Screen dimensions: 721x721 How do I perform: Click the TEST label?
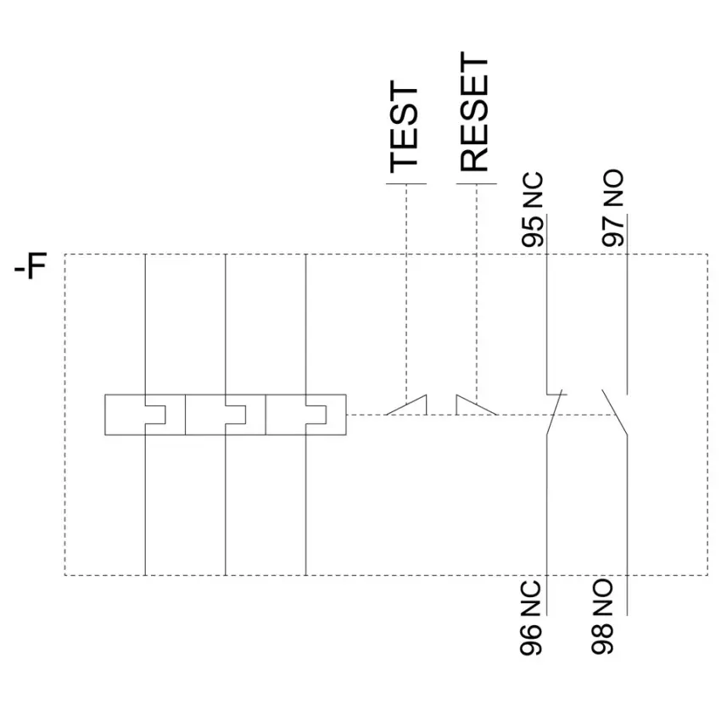[x=404, y=127]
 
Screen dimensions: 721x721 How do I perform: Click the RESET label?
[x=473, y=112]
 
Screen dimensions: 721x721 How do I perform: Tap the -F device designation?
[x=31, y=265]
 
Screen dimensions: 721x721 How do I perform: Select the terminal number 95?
[x=533, y=232]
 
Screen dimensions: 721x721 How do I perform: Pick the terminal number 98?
[x=602, y=638]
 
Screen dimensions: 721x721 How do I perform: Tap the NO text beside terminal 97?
[x=613, y=188]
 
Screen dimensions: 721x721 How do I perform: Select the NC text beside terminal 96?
[x=531, y=598]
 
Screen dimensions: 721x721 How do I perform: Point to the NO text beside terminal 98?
[x=602, y=597]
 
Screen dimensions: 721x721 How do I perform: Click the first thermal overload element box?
[x=145, y=414]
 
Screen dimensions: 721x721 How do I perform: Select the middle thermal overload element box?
[x=226, y=414]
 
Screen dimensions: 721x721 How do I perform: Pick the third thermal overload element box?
[x=305, y=414]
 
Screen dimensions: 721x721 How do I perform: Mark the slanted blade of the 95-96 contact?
[x=555, y=412]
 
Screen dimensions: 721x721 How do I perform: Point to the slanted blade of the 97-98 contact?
[x=615, y=412]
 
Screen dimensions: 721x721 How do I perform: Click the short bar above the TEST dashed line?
[x=406, y=184]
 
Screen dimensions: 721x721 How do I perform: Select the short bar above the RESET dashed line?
[x=477, y=184]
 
